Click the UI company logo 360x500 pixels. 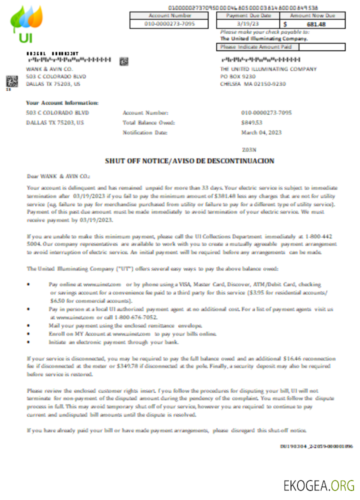pyautogui.click(x=26, y=24)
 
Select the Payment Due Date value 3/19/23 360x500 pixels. pyautogui.click(x=248, y=23)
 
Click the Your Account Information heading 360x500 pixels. pyautogui.click(x=62, y=103)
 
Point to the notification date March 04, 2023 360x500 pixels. pyautogui.click(x=261, y=132)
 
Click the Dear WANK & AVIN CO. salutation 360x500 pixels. pyautogui.click(x=58, y=176)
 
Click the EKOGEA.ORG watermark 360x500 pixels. pyautogui.click(x=318, y=485)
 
